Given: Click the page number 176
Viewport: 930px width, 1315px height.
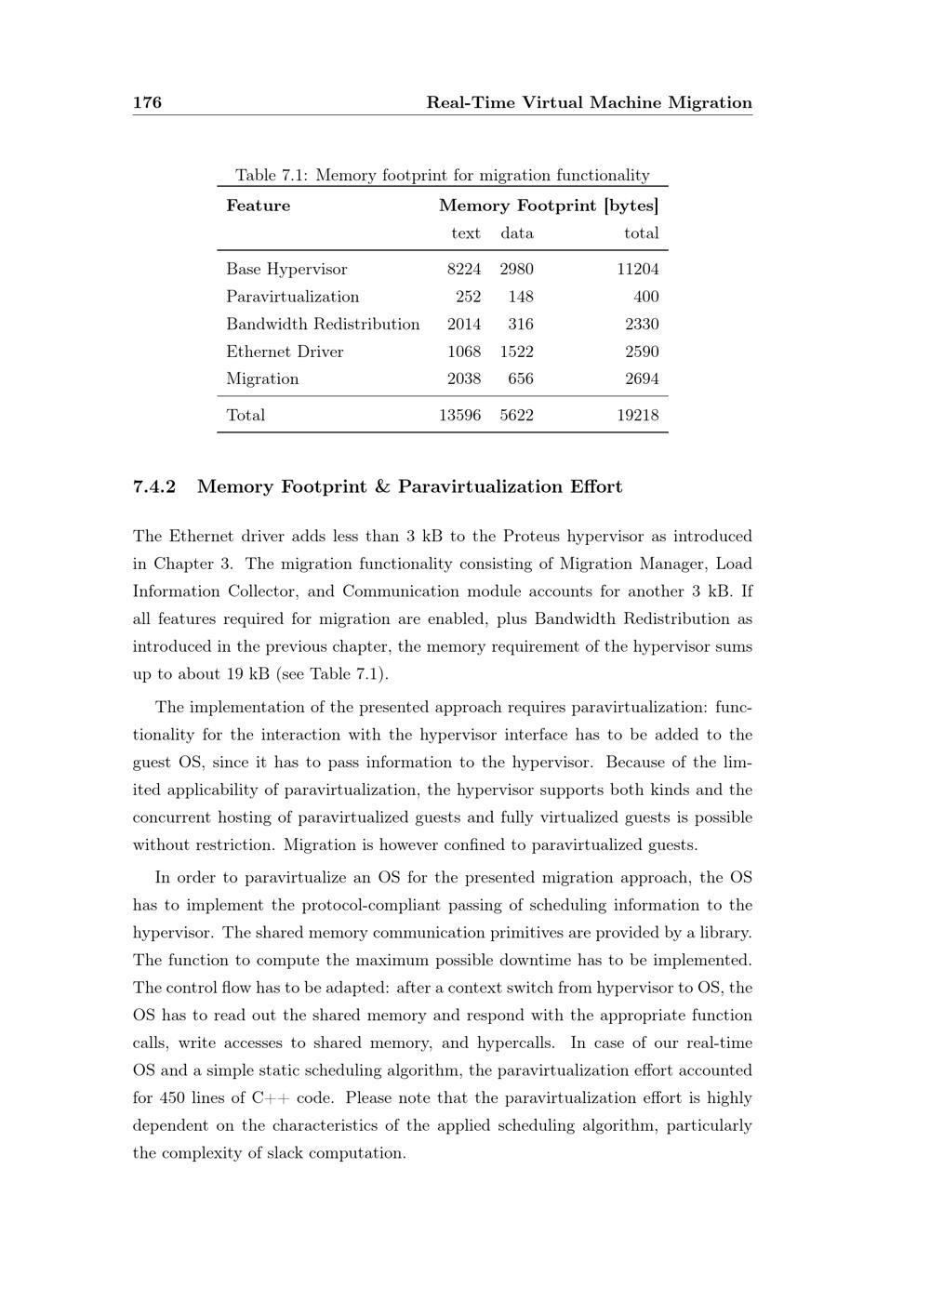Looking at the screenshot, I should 147,102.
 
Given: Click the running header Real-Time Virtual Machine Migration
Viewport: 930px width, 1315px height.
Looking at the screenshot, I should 589,102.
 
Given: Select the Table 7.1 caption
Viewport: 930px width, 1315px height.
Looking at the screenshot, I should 443,175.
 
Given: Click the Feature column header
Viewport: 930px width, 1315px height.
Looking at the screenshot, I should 258,206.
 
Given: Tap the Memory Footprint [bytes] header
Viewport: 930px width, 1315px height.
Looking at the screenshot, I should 549,206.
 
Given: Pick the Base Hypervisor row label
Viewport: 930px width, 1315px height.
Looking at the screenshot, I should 286,270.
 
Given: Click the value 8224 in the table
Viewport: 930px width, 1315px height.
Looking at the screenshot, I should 464,270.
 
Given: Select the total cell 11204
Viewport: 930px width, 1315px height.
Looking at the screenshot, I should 638,270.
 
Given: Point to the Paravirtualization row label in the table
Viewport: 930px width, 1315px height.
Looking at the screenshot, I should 292,297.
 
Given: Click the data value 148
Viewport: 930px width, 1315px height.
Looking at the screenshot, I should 521,297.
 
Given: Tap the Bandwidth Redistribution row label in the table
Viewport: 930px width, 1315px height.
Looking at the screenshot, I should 323,325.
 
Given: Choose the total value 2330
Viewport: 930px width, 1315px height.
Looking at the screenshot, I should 642,325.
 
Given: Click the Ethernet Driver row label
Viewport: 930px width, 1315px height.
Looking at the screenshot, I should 285,352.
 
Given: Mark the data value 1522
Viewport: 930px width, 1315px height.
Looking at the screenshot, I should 516,352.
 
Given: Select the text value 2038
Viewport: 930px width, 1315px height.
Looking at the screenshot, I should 464,379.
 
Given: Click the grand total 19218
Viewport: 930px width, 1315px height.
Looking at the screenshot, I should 638,416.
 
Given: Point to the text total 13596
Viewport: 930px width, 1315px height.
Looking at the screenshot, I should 459,416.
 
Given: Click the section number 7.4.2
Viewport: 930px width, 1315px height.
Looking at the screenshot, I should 154,486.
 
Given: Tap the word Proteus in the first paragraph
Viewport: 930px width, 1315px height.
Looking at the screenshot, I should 532,537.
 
